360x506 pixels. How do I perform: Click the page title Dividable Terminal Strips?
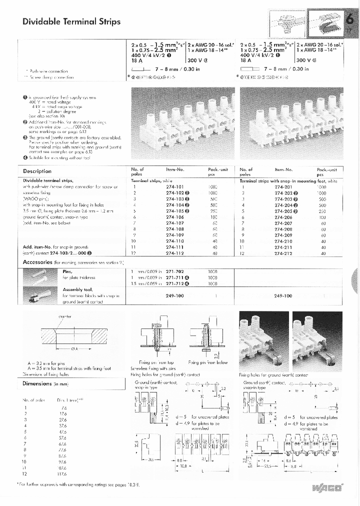coord(71,21)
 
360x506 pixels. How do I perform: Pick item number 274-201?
coord(283,186)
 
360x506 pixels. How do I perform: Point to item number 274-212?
coord(283,253)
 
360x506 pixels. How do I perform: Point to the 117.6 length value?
coord(62,473)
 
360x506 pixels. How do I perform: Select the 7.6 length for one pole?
coord(63,407)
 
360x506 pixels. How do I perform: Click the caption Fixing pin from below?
coord(208,362)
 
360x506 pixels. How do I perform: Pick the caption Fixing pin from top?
coord(156,362)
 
